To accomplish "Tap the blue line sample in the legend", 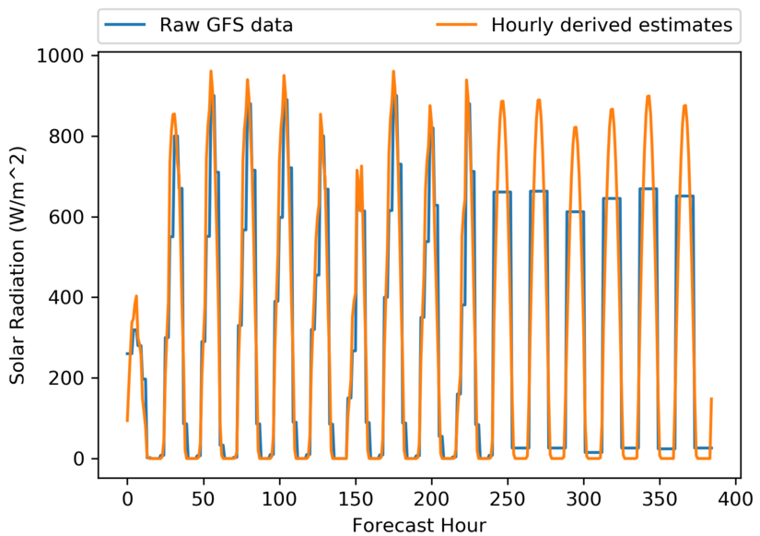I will pos(128,26).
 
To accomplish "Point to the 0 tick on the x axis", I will pos(127,498).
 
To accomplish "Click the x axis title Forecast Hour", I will pos(418,523).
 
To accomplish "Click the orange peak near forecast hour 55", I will pos(211,72).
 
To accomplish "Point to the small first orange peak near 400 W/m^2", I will pos(136,297).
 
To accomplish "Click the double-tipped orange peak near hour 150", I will pos(359,170).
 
